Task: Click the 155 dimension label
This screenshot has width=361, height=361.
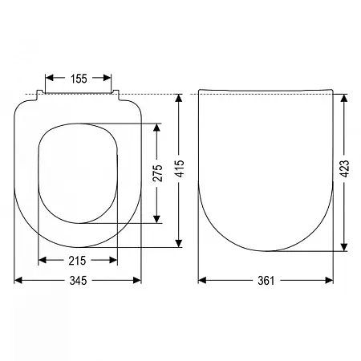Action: (79, 79)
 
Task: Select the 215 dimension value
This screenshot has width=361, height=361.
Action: (77, 261)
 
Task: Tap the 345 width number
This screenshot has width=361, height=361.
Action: (78, 281)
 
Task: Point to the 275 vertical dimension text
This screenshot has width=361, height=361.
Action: (157, 173)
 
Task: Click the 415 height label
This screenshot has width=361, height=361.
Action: (180, 168)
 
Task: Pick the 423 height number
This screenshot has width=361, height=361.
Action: (344, 168)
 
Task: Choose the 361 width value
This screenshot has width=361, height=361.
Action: (266, 281)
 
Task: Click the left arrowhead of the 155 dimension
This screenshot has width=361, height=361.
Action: (50, 78)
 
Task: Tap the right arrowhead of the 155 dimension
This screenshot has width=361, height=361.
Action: (107, 78)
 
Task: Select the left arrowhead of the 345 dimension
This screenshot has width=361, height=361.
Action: (18, 280)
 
